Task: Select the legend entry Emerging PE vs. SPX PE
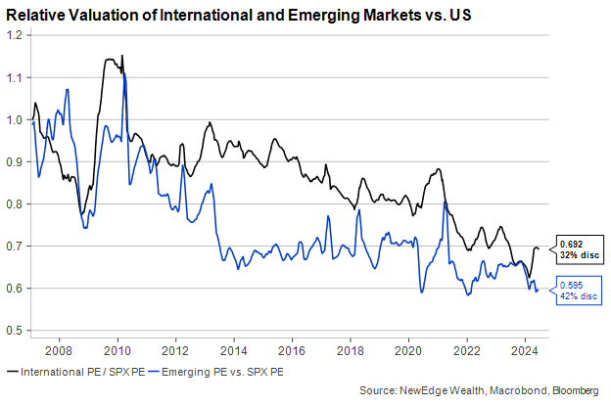click(224, 371)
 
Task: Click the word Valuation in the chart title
click(101, 17)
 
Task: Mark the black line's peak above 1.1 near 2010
click(121, 57)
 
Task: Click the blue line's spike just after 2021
click(445, 202)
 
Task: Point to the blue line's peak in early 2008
click(67, 90)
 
